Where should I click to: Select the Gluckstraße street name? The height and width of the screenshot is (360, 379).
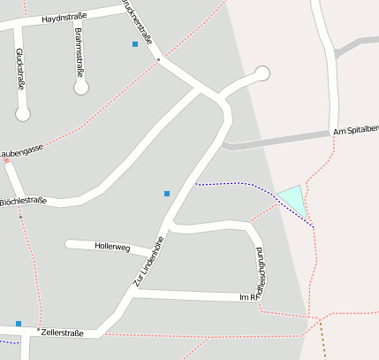tap(19, 69)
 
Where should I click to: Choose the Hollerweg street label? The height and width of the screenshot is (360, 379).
tap(112, 249)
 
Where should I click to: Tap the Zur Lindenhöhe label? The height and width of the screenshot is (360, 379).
tap(149, 263)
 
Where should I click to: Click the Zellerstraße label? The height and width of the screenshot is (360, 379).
tap(62, 333)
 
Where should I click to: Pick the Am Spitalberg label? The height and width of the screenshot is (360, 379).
tap(356, 131)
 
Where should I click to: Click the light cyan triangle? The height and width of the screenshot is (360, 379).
tap(294, 199)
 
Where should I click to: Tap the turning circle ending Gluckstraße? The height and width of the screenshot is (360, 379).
tap(23, 113)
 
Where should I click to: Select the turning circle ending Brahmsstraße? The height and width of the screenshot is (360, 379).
tap(81, 88)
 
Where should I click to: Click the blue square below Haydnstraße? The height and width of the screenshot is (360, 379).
tap(135, 44)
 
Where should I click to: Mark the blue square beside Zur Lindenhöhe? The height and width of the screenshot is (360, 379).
tap(167, 193)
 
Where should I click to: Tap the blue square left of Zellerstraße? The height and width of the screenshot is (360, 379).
tap(19, 324)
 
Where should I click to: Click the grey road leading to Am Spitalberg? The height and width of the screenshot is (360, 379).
tap(274, 142)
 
